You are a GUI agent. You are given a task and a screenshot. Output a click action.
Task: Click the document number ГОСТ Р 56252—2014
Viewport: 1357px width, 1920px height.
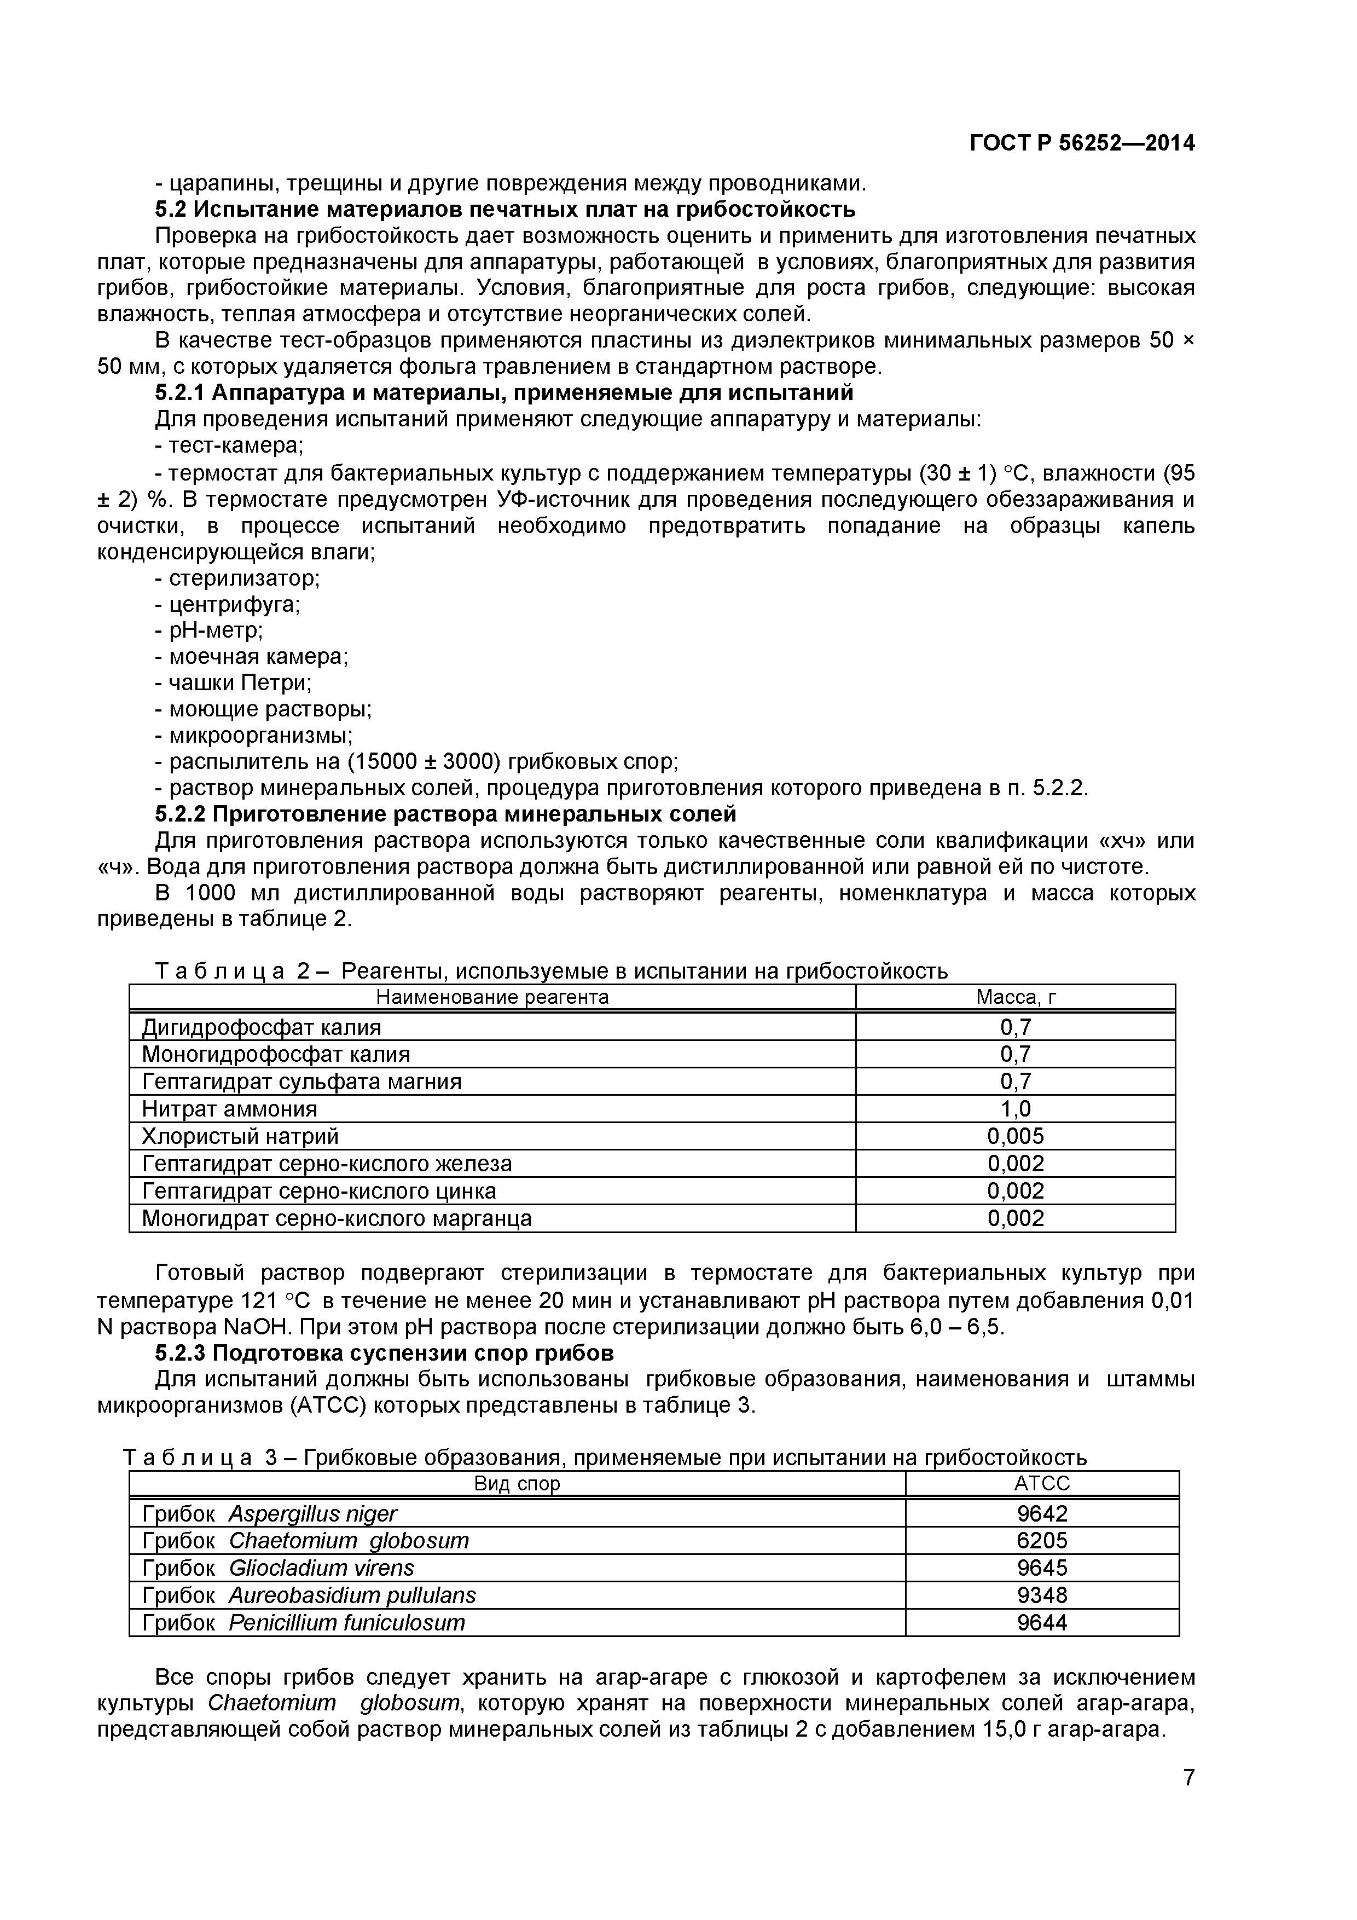click(x=1081, y=144)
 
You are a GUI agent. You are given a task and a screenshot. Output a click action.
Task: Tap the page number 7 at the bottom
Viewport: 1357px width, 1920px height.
click(x=1188, y=1801)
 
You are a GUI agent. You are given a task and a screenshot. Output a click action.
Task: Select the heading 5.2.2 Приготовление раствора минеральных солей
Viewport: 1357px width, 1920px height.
click(x=445, y=814)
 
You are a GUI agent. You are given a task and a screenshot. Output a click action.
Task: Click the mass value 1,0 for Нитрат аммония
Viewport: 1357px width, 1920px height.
click(x=1015, y=1109)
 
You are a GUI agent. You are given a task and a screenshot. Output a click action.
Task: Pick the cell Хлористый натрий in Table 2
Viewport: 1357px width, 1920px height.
click(x=240, y=1136)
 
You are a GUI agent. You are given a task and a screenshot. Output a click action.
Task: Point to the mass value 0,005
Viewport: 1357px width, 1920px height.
click(x=1015, y=1136)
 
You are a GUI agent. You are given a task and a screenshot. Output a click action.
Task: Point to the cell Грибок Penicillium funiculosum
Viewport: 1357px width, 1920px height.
click(x=303, y=1622)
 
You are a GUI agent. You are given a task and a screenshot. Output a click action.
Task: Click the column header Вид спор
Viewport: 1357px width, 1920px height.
click(x=517, y=1483)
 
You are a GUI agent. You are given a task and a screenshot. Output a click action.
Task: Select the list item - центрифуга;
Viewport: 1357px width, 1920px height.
click(x=228, y=604)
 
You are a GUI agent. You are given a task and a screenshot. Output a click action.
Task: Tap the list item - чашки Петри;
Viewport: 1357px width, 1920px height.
click(x=233, y=683)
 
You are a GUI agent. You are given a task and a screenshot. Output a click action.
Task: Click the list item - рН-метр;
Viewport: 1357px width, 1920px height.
click(x=209, y=629)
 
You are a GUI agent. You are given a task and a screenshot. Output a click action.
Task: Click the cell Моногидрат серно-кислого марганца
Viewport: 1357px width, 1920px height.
click(x=336, y=1218)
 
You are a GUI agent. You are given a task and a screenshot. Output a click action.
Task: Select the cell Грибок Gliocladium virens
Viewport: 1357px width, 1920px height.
click(x=277, y=1568)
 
